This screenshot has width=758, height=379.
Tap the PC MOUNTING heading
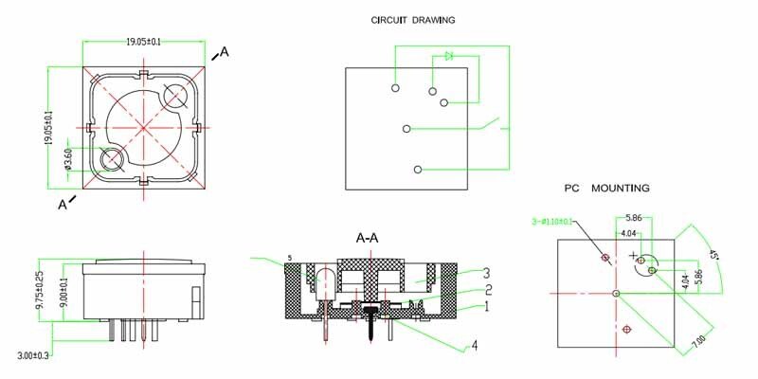coord(606,189)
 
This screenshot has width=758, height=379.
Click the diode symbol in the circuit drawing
coord(448,57)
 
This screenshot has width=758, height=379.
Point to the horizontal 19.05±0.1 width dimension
coord(143,42)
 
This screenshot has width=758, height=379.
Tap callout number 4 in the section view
coord(475,346)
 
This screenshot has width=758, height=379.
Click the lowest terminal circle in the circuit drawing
coord(418,170)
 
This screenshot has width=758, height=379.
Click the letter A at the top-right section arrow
coord(225,51)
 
